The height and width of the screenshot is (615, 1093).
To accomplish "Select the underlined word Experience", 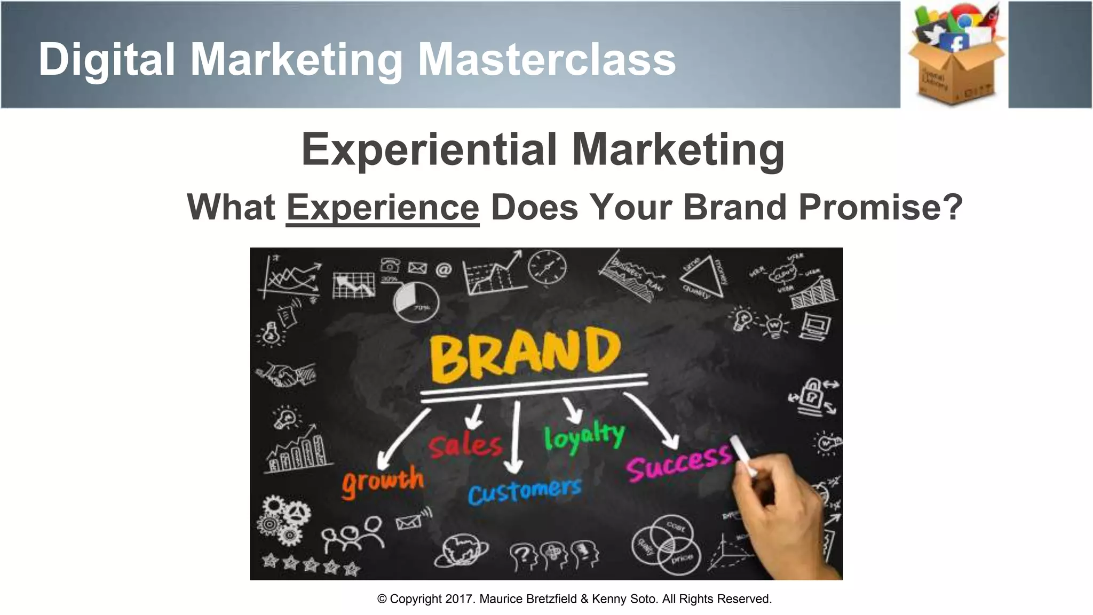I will (383, 208).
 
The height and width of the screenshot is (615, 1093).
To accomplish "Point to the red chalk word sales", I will (465, 445).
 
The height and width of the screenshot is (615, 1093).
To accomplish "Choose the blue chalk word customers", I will (524, 491).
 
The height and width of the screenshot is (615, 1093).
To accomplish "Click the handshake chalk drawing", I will (285, 374).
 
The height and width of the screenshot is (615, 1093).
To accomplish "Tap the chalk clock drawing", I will (547, 267).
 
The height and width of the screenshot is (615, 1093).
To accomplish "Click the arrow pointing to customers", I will (515, 438).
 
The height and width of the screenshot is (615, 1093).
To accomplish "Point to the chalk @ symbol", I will (443, 270).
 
